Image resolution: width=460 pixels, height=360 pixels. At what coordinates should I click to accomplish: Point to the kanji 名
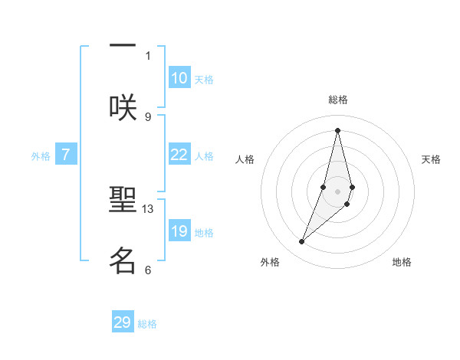click(x=123, y=261)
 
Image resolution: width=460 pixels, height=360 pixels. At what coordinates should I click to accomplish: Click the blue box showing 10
click(x=179, y=78)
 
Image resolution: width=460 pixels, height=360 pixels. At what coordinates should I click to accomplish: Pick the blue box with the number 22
click(x=179, y=155)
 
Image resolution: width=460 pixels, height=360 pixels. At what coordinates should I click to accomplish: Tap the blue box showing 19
click(x=179, y=231)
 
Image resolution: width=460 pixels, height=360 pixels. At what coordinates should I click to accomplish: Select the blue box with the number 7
click(x=66, y=155)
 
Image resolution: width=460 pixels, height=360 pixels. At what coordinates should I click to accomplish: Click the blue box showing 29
click(x=123, y=322)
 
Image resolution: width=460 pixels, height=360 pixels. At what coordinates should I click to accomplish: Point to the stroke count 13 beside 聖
click(x=148, y=208)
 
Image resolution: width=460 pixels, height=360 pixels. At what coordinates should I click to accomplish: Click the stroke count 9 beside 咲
click(x=148, y=116)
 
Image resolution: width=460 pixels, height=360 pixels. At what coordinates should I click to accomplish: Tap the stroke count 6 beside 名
click(x=148, y=270)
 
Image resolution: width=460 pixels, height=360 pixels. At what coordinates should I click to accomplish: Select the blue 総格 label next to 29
click(x=147, y=324)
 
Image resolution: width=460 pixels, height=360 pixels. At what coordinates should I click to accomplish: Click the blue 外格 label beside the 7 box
click(x=41, y=156)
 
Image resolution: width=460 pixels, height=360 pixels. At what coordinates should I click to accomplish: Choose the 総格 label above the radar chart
click(x=337, y=100)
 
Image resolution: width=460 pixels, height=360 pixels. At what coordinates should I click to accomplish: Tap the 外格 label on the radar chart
click(x=270, y=262)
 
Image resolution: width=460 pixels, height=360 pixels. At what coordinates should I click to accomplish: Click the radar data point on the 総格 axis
click(x=337, y=129)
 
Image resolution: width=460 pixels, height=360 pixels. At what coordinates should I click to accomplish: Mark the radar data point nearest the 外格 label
click(x=302, y=242)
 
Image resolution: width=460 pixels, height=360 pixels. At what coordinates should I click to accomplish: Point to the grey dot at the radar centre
click(x=337, y=191)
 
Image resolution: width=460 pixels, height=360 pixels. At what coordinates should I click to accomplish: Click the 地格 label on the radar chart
click(x=402, y=262)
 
